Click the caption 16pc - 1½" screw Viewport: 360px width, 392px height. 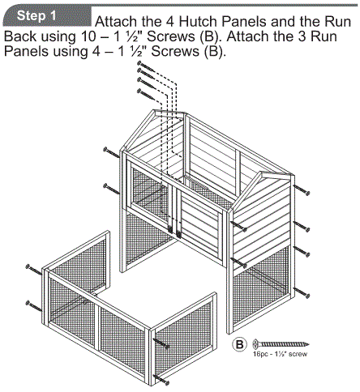(281, 356)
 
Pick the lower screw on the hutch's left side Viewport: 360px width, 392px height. (110, 187)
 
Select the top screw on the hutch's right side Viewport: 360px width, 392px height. (303, 191)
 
